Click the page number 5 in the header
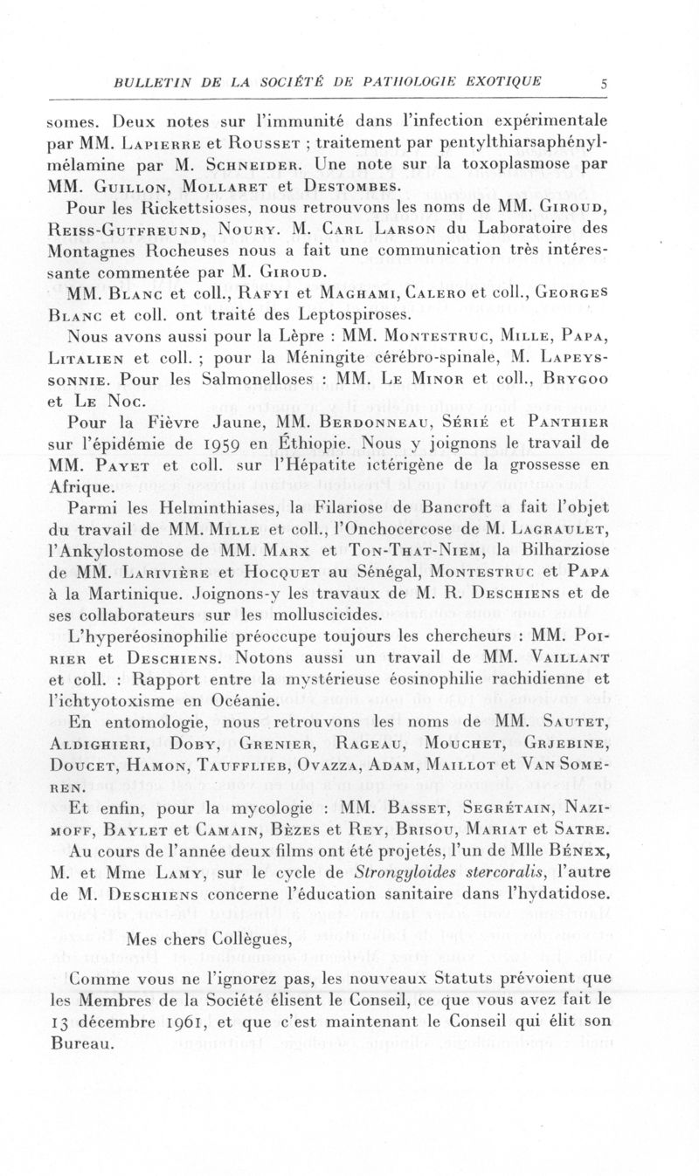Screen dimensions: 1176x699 click(603, 84)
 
